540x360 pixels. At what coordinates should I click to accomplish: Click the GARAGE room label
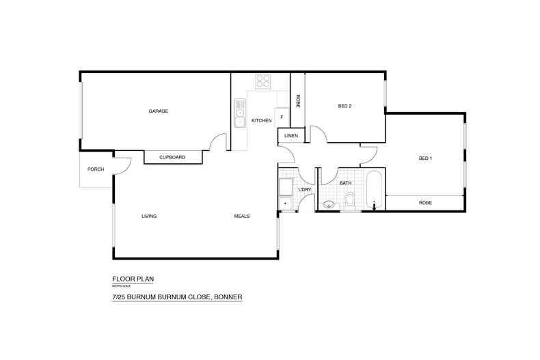click(159, 111)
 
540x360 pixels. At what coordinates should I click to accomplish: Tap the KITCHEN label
click(262, 121)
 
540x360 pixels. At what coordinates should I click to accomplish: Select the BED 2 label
click(345, 106)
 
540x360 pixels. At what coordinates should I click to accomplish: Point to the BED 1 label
click(425, 158)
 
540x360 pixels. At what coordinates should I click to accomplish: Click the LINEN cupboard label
click(289, 137)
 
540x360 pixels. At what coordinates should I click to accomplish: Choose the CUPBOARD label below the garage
click(172, 157)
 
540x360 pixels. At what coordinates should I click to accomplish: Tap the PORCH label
click(96, 169)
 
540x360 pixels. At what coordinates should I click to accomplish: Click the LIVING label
click(149, 216)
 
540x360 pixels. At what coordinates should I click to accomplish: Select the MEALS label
click(242, 216)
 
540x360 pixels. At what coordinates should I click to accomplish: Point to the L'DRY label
click(305, 189)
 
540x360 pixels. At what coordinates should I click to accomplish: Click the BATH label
click(345, 183)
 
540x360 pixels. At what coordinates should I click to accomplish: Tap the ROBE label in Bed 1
click(425, 203)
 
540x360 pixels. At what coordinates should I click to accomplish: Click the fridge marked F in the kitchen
click(282, 117)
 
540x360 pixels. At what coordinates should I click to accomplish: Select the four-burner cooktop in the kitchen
click(263, 81)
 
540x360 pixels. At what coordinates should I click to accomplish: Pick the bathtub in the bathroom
click(373, 193)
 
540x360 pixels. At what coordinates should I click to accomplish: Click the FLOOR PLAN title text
click(133, 279)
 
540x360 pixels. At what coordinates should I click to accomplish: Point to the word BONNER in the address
click(227, 297)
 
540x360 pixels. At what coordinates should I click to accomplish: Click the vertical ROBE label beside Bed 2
click(298, 100)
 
